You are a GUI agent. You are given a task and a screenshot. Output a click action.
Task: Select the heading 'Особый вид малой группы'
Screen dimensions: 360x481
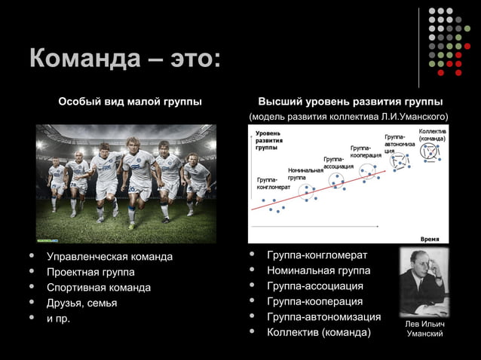click(x=130, y=101)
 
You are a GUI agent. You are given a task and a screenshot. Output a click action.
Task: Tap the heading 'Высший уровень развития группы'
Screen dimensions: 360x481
click(x=350, y=101)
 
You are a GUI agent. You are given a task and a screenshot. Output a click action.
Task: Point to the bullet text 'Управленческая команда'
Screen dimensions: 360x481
click(x=109, y=257)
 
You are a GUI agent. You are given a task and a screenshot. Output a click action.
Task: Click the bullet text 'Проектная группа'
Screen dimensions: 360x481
click(x=90, y=272)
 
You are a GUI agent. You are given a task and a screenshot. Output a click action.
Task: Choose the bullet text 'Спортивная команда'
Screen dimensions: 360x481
click(x=99, y=288)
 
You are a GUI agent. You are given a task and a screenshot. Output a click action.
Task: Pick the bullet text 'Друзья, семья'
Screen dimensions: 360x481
click(x=82, y=303)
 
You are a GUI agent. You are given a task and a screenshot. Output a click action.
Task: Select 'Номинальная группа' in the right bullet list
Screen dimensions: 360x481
click(x=319, y=270)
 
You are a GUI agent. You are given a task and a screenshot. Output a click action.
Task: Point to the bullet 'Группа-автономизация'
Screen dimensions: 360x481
click(x=323, y=316)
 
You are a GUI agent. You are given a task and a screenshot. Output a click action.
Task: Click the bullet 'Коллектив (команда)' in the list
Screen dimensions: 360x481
click(x=319, y=332)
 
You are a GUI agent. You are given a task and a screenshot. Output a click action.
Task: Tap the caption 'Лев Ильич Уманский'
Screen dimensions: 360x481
click(x=424, y=328)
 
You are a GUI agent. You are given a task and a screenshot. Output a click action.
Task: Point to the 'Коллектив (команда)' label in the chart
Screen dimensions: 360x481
click(x=431, y=135)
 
